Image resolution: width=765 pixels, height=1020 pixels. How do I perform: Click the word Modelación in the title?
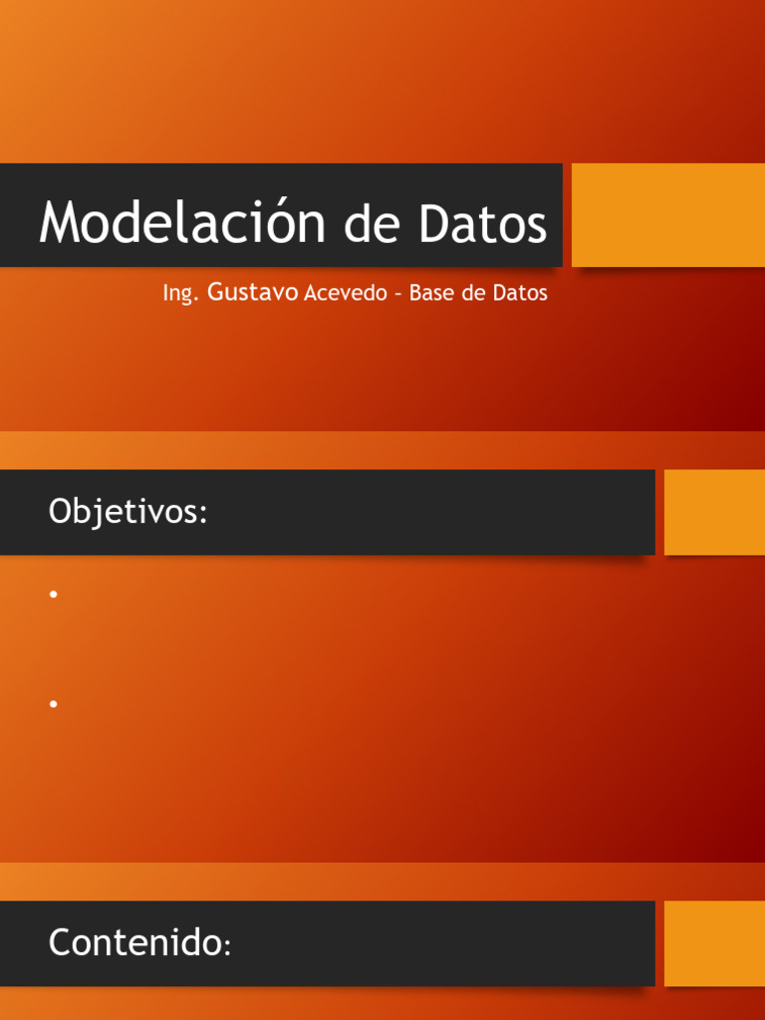(x=185, y=223)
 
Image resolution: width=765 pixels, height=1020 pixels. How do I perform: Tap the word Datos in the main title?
(x=482, y=223)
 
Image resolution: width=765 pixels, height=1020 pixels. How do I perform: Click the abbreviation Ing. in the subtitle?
(x=181, y=294)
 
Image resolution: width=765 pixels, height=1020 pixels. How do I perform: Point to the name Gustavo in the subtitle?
(x=253, y=293)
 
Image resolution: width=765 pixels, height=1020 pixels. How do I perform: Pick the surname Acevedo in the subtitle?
(x=345, y=294)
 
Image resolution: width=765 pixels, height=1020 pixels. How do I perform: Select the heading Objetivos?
(x=127, y=512)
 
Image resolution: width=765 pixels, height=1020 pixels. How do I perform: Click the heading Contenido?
(x=139, y=942)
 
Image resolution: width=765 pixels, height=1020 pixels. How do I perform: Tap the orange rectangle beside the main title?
(x=667, y=215)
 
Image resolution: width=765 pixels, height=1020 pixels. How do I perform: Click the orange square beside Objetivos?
(x=714, y=512)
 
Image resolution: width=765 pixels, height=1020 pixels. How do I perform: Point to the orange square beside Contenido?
(x=714, y=942)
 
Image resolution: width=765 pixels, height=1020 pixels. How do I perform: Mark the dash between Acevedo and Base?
(x=397, y=295)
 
